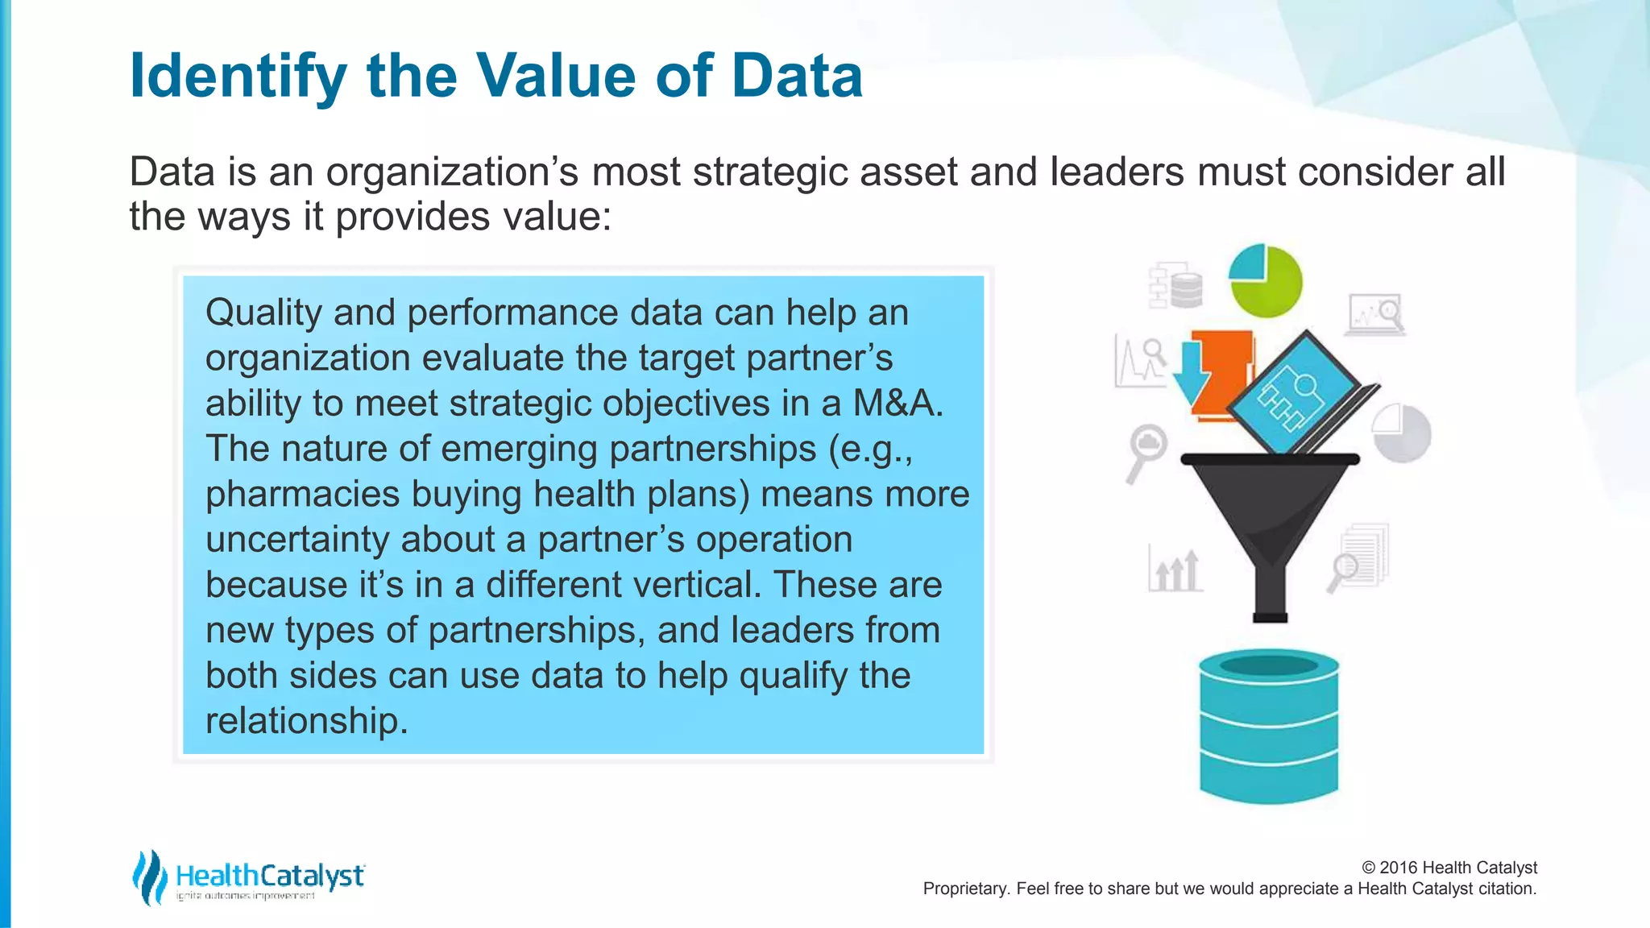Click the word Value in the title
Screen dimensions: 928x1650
pyautogui.click(x=556, y=77)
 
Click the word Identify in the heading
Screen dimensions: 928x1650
pyautogui.click(x=238, y=77)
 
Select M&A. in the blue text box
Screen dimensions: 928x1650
pyautogui.click(x=898, y=403)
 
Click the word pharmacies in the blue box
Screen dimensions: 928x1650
pyautogui.click(x=302, y=494)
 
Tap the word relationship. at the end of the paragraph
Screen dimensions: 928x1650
pyautogui.click(x=306, y=720)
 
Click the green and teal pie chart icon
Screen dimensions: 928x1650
pyautogui.click(x=1266, y=280)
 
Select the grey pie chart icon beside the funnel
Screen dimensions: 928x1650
pyautogui.click(x=1402, y=433)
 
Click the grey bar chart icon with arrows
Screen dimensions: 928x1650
pyautogui.click(x=1175, y=570)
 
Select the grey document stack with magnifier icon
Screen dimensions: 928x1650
pyautogui.click(x=1360, y=558)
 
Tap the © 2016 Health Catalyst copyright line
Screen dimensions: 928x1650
pyautogui.click(x=1449, y=868)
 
